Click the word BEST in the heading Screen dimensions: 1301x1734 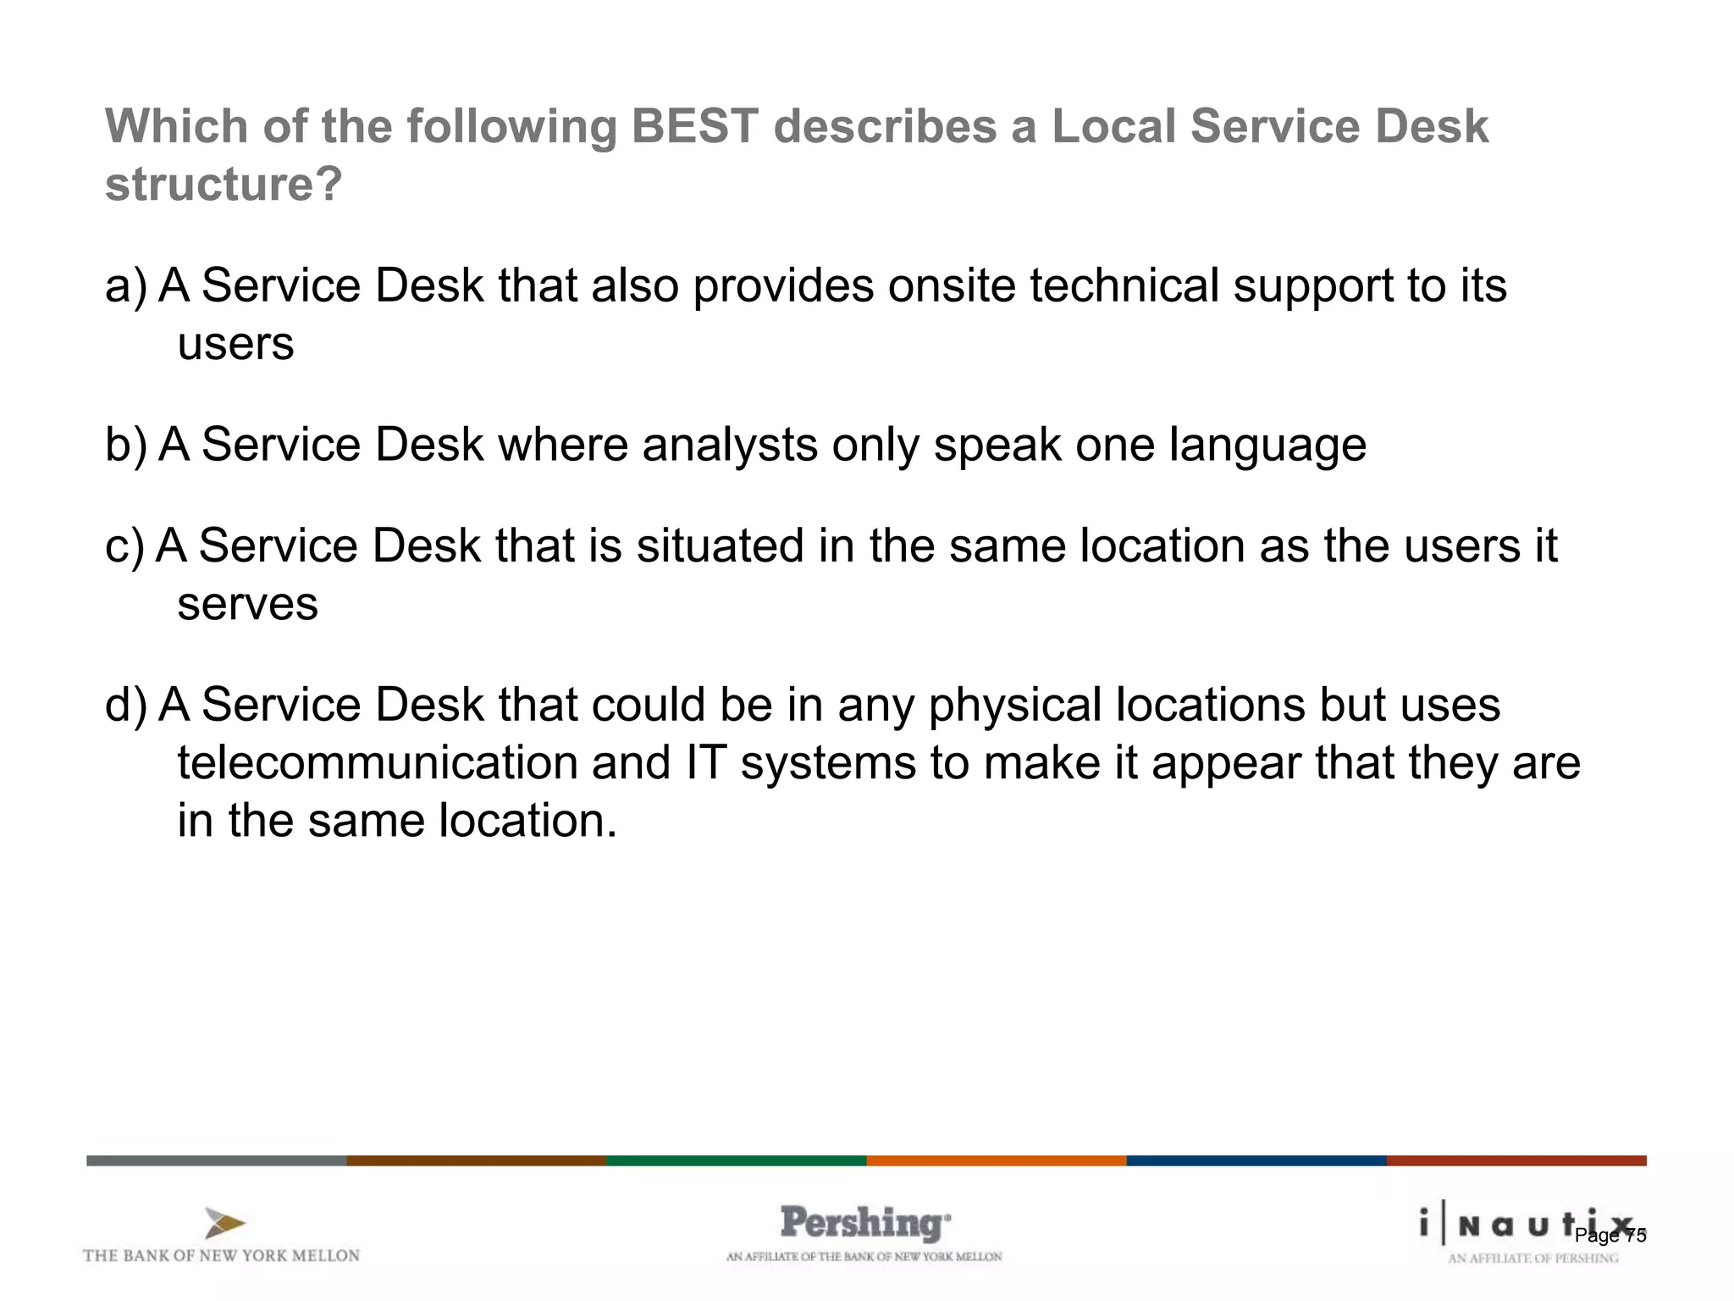[694, 127]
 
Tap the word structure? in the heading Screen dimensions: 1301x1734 [224, 185]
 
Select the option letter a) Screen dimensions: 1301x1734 [125, 286]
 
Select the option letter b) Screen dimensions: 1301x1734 [125, 446]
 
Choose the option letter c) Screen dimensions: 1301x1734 [124, 546]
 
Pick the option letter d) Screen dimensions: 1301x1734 [125, 706]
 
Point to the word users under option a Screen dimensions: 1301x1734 [235, 345]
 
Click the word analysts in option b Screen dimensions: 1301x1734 [730, 446]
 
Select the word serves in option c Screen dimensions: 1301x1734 [247, 605]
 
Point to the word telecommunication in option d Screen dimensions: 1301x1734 [377, 763]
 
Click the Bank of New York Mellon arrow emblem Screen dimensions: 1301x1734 [224, 1224]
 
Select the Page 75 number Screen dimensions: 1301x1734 [1610, 1236]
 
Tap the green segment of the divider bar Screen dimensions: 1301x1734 [736, 1160]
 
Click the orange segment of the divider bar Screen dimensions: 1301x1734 [996, 1160]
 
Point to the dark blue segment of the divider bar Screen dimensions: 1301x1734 [1256, 1160]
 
